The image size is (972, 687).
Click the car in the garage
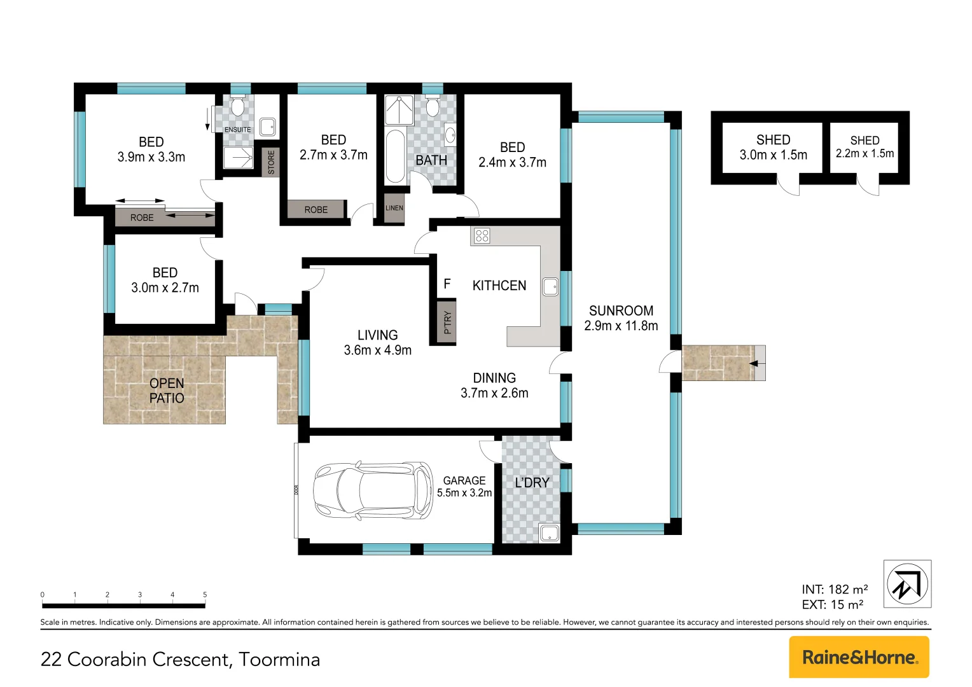[373, 490]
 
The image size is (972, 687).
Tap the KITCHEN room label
[499, 286]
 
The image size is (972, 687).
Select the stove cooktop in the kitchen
[482, 236]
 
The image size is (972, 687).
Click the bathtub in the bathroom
[396, 156]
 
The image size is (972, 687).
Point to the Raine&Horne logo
[859, 657]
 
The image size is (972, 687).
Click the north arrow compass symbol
[907, 583]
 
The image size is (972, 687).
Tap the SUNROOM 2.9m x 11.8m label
[621, 318]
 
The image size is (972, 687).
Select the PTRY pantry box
[447, 321]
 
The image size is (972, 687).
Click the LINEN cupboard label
[394, 208]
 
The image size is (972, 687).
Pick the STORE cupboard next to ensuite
[272, 162]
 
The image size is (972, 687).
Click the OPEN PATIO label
[167, 391]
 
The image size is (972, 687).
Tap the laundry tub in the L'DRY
[548, 532]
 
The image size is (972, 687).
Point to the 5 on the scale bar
[205, 595]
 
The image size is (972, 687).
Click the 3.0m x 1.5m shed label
[773, 148]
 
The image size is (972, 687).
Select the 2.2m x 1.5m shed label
[864, 147]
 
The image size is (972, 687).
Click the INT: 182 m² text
[835, 590]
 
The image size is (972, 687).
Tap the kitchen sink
[550, 287]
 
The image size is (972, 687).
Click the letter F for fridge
[447, 284]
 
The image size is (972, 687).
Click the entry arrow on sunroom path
[754, 364]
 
